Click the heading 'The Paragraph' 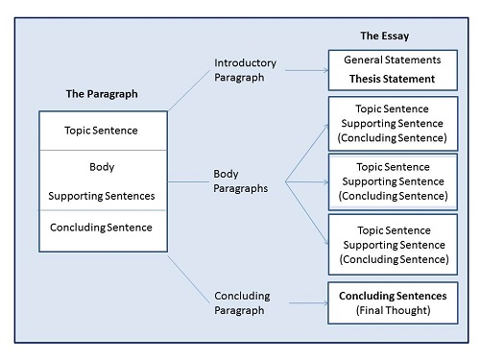102,94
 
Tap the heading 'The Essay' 385,36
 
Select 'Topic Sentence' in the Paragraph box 101,131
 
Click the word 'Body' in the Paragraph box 102,167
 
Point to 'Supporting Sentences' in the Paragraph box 102,196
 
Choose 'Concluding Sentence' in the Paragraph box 101,228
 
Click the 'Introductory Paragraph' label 245,70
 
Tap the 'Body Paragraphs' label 241,181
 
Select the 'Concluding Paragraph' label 242,303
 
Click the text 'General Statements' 393,60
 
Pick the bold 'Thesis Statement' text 392,79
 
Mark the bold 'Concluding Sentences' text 393,296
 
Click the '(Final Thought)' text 393,310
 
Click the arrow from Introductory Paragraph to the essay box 307,70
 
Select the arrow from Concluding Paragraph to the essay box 308,303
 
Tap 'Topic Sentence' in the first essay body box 392,108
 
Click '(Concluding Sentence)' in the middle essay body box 393,196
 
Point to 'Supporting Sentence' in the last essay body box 394,245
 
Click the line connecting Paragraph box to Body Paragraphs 188,181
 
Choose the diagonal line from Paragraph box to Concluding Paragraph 188,279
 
